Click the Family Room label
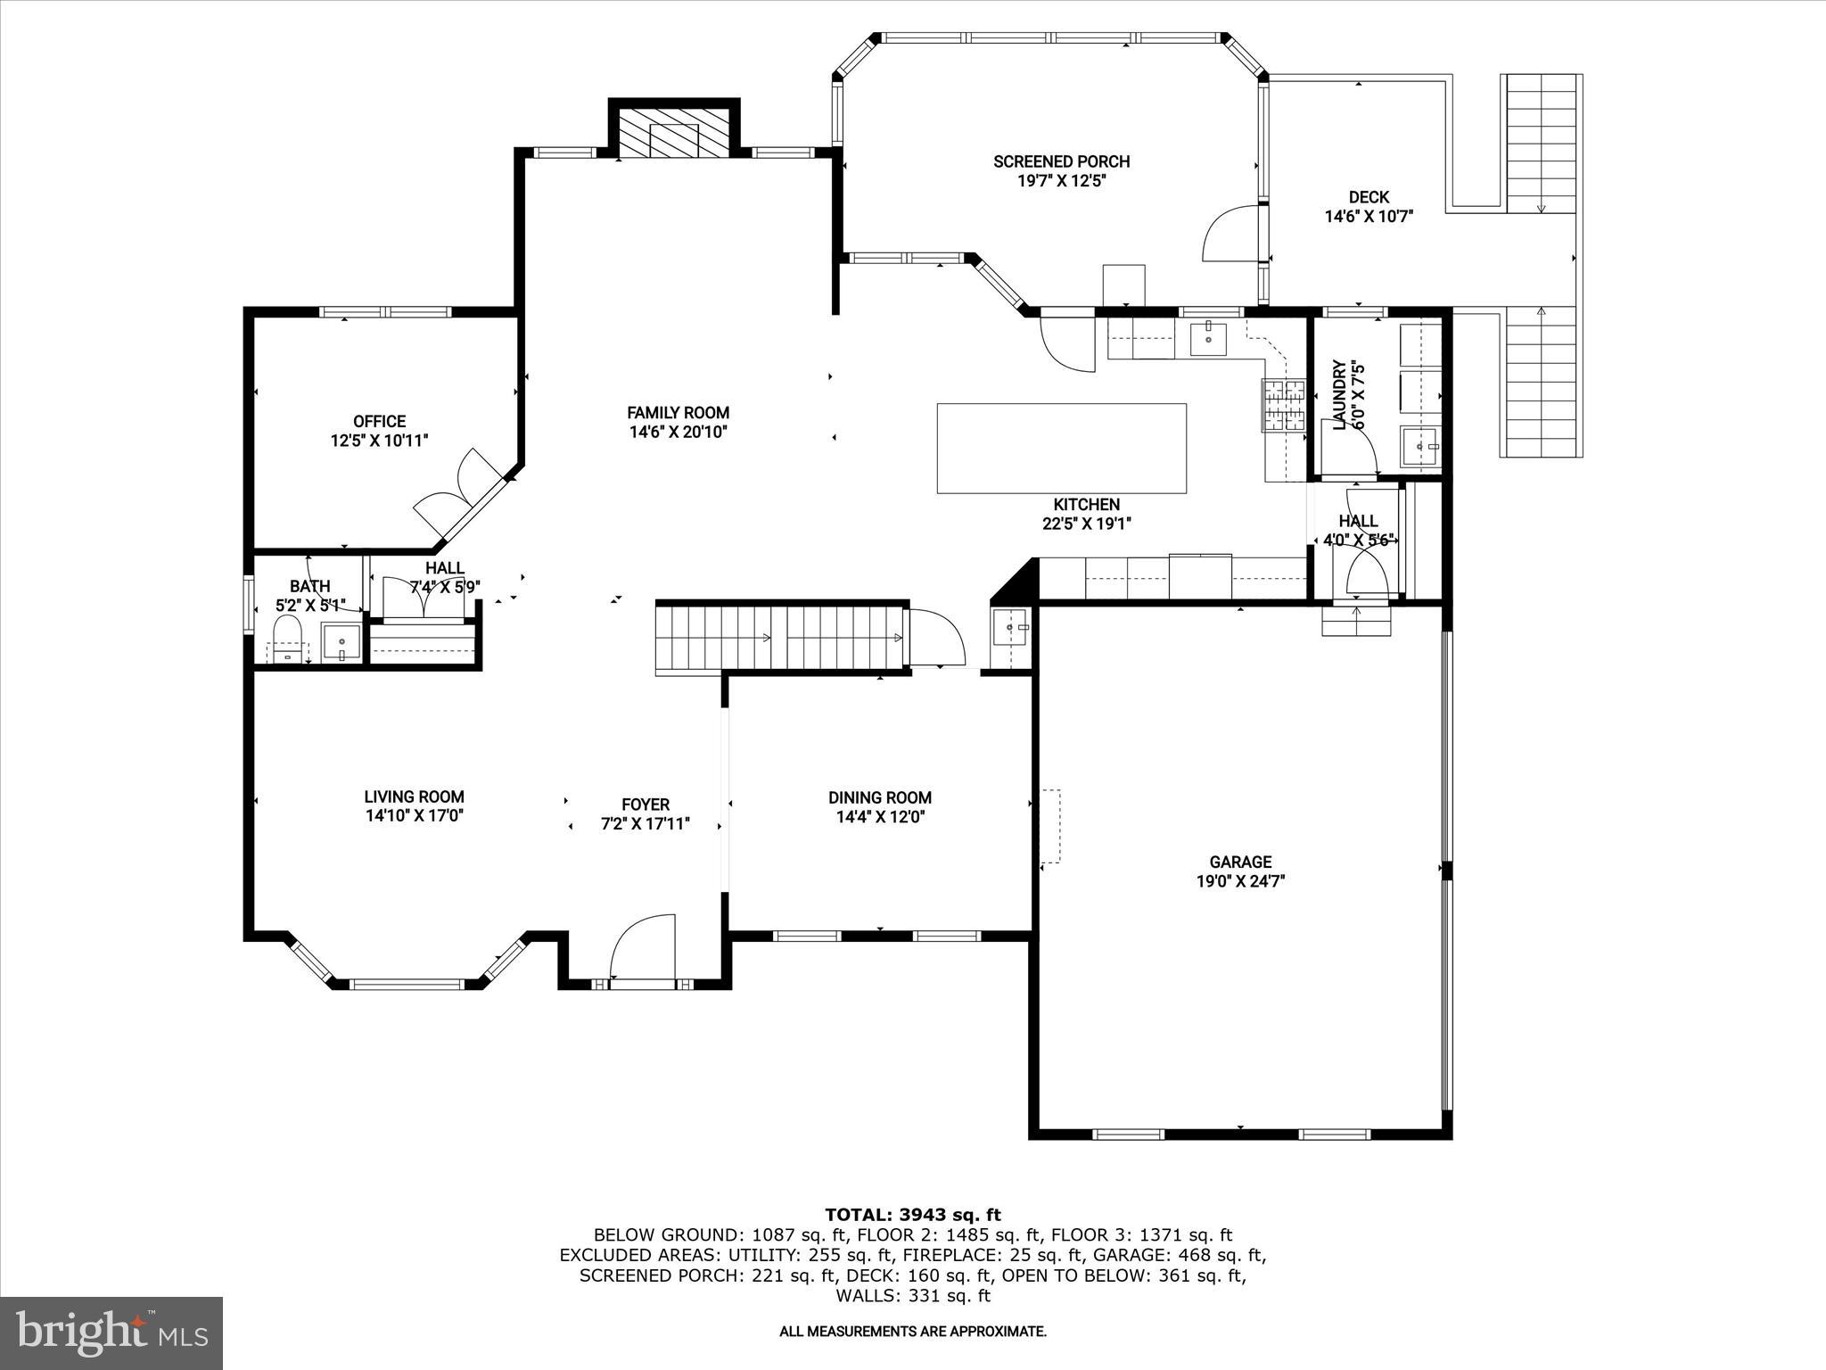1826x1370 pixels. point(678,413)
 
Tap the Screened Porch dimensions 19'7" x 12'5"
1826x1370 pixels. point(1061,181)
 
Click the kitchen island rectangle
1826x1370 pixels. point(1061,448)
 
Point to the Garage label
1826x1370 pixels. point(1239,862)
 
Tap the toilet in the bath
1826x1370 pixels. point(287,640)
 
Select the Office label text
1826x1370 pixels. point(379,421)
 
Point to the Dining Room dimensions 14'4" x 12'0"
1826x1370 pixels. point(879,817)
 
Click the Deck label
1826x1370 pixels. point(1368,197)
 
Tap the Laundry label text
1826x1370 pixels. point(1338,394)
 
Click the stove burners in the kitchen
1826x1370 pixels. point(1283,407)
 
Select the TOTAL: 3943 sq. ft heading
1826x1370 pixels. point(912,1215)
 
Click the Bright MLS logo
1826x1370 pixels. point(111,1333)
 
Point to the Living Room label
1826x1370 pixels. point(414,797)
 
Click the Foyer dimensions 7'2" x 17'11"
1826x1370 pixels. point(646,825)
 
